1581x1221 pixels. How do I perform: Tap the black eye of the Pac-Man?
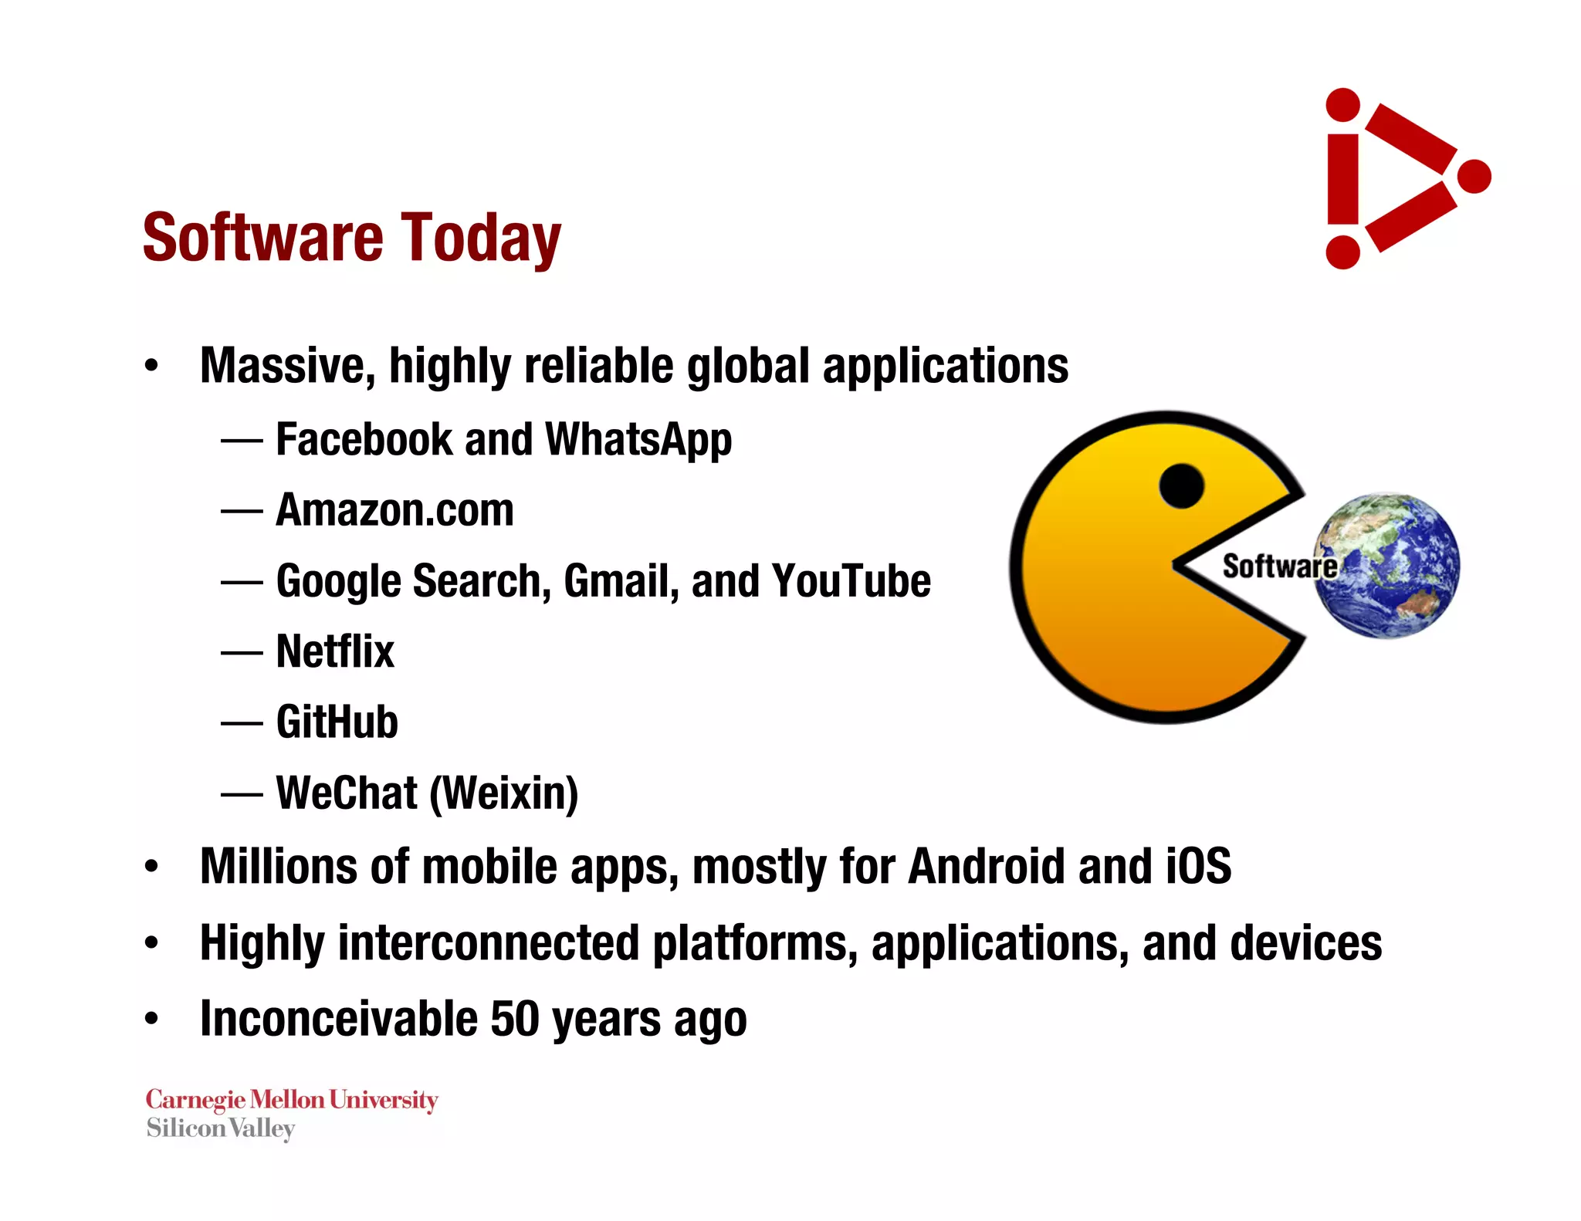pyautogui.click(x=1181, y=486)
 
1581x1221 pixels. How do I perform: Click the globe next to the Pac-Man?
pyautogui.click(x=1387, y=565)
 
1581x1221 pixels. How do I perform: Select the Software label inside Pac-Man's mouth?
pyautogui.click(x=1279, y=566)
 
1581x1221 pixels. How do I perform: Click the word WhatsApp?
pyautogui.click(x=638, y=440)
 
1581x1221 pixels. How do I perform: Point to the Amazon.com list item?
pyautogui.click(x=394, y=510)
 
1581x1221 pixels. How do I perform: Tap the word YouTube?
pyautogui.click(x=851, y=581)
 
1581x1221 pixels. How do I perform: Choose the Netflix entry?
pyautogui.click(x=335, y=651)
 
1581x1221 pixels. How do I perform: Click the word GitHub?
pyautogui.click(x=337, y=722)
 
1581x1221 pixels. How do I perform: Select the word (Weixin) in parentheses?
pyautogui.click(x=503, y=793)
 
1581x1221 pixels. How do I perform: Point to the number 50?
pyautogui.click(x=514, y=1019)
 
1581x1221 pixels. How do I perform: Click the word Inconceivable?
pyautogui.click(x=338, y=1019)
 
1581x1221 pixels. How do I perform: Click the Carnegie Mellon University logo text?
pyautogui.click(x=292, y=1100)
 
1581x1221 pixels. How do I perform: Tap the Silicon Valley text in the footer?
pyautogui.click(x=221, y=1128)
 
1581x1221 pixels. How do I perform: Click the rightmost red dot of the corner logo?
pyautogui.click(x=1474, y=177)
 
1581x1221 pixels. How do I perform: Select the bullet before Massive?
pyautogui.click(x=151, y=366)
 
